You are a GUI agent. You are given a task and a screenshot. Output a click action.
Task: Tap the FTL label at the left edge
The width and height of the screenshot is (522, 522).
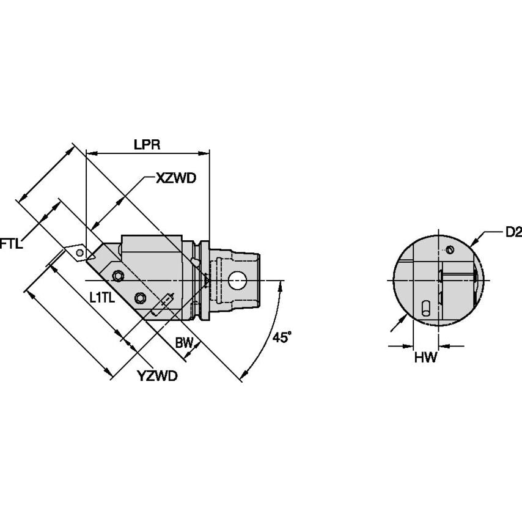coord(11,243)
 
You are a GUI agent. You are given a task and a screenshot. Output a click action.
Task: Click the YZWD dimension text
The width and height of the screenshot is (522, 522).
coord(157,376)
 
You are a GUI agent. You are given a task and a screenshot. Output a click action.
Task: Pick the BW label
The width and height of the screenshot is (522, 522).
coord(183,343)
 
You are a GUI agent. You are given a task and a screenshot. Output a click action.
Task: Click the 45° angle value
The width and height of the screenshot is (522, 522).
coord(282,337)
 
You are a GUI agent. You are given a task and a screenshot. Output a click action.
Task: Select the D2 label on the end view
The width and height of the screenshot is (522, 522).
coord(513,232)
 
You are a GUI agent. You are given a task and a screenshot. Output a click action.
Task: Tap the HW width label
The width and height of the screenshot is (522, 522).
coord(425,358)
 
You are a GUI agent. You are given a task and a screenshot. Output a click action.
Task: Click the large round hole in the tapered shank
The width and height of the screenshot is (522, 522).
coord(237,281)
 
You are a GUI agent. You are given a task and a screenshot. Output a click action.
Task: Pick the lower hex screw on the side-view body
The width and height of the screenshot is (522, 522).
coord(141,298)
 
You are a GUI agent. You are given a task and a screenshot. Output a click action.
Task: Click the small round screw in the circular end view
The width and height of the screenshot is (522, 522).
coord(450,249)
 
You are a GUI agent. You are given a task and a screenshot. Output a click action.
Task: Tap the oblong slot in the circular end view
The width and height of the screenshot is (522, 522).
coord(425,308)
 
